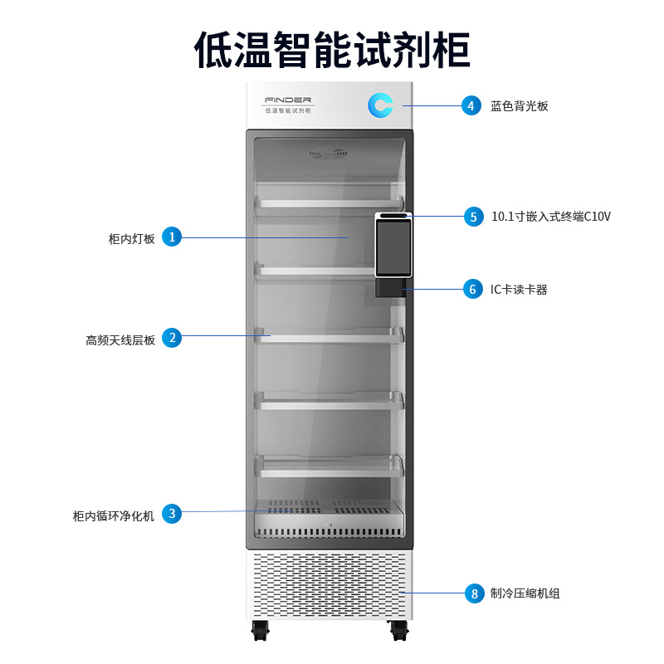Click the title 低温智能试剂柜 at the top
click(332, 49)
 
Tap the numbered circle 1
click(171, 237)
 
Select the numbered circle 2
click(171, 338)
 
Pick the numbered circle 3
click(171, 514)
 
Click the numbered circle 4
click(471, 105)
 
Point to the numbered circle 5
click(473, 217)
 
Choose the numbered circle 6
click(473, 289)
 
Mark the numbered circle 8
click(474, 593)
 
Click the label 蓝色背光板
click(519, 106)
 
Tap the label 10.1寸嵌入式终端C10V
click(551, 217)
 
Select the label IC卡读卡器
click(519, 290)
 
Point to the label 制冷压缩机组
click(525, 593)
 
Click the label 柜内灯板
click(132, 238)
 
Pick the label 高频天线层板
click(120, 339)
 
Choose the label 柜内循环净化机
click(114, 515)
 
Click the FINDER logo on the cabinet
click(287, 100)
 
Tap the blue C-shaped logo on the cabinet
click(381, 105)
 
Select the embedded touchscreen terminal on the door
click(393, 247)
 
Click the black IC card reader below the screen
click(390, 287)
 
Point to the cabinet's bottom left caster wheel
click(260, 631)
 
